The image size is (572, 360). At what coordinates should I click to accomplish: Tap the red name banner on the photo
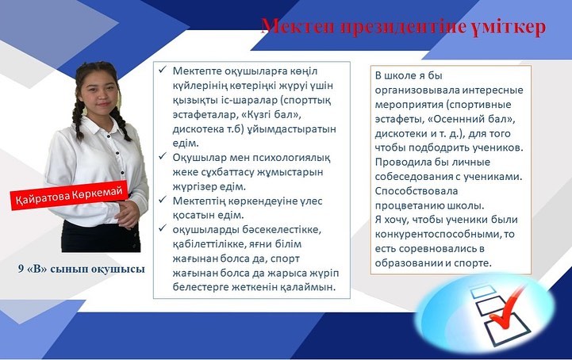click(x=69, y=195)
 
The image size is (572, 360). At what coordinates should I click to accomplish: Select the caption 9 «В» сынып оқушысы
click(x=82, y=269)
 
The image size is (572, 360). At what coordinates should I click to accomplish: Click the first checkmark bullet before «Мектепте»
click(x=163, y=69)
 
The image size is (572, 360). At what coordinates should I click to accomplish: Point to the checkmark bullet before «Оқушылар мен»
click(x=163, y=156)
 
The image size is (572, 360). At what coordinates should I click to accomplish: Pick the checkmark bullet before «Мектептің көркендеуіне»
click(x=163, y=200)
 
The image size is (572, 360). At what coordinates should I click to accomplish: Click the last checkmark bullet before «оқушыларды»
click(x=163, y=228)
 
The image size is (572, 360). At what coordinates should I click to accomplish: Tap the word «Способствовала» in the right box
click(x=417, y=191)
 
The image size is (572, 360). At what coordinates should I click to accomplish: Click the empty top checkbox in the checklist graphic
click(x=482, y=292)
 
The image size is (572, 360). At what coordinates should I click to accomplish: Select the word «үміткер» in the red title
click(x=509, y=27)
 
